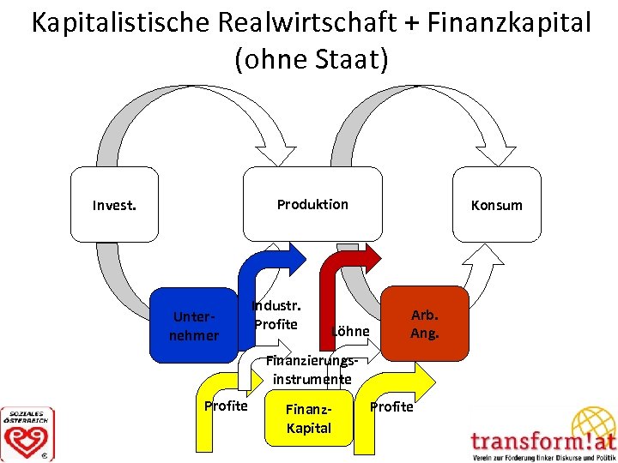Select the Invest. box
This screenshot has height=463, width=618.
pos(114,205)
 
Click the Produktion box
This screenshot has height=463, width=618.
pos(312,204)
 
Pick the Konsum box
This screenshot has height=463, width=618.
pos(496,205)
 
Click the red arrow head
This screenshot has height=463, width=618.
pos(370,256)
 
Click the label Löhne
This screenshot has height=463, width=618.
pos(350,331)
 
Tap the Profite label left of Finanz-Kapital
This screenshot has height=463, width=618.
pos(226,406)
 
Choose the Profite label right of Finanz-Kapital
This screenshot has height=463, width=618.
pos(391,406)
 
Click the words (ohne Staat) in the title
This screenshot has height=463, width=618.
pos(311,60)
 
